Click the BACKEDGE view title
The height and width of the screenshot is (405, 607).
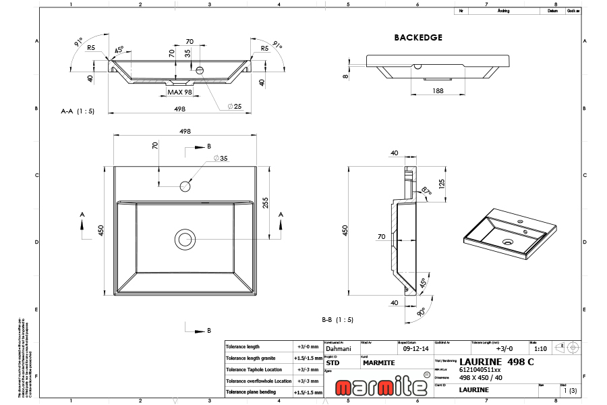click(x=417, y=38)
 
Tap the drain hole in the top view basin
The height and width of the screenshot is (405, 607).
click(x=184, y=239)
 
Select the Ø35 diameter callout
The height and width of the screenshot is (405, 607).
click(x=221, y=159)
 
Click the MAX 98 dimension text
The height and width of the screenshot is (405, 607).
click(x=180, y=92)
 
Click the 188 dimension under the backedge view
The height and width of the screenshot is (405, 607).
click(x=438, y=90)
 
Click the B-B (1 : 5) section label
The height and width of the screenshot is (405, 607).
click(x=338, y=320)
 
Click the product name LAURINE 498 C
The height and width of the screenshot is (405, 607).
click(x=496, y=362)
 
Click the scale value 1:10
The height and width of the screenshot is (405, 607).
click(x=540, y=349)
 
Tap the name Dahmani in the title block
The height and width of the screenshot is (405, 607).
click(x=339, y=350)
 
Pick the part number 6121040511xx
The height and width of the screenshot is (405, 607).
click(x=480, y=370)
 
